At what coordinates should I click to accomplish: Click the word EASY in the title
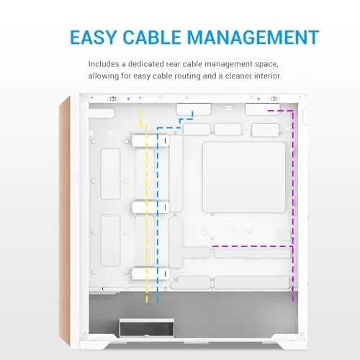93,37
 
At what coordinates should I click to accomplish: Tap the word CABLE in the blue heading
152,37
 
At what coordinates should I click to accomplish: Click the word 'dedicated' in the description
146,64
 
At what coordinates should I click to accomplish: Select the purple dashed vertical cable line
292,206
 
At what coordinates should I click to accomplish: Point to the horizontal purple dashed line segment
252,246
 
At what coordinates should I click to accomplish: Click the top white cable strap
150,140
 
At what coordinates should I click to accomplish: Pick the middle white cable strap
150,207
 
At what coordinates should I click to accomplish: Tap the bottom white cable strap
150,274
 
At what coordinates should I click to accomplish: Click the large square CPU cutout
244,177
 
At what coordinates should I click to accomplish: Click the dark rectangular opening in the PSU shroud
147,329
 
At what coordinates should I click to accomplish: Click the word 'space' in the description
266,64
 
